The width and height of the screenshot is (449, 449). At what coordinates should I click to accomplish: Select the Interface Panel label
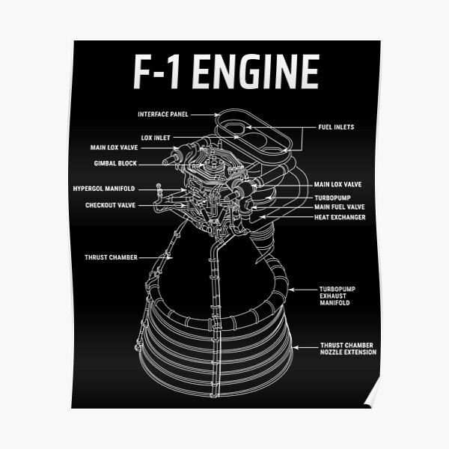(x=162, y=114)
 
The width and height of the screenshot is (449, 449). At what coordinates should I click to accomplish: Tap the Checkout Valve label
(x=110, y=204)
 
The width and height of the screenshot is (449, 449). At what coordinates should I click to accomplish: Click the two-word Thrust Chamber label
(x=111, y=257)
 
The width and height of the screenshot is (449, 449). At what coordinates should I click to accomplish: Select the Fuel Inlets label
(x=335, y=127)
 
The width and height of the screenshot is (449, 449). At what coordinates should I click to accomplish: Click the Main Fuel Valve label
(x=339, y=207)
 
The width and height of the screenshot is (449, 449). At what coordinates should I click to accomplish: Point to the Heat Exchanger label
(x=340, y=217)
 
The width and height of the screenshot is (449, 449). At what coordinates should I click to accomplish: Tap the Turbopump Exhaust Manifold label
(x=335, y=296)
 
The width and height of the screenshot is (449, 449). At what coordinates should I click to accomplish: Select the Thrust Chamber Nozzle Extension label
(x=348, y=349)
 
